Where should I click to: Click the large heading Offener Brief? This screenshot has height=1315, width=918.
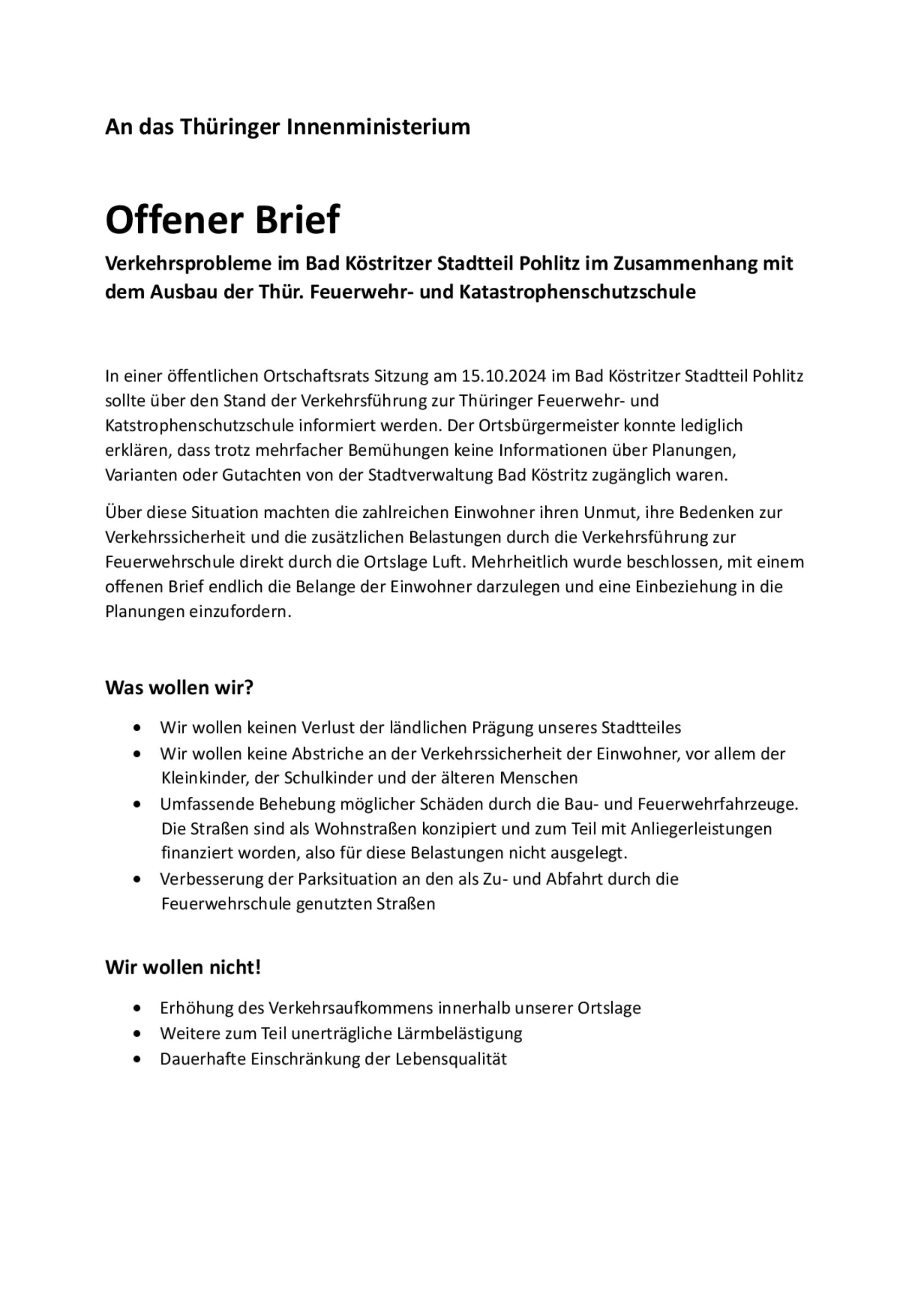pyautogui.click(x=222, y=220)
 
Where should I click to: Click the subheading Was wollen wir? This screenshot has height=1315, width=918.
pyautogui.click(x=179, y=687)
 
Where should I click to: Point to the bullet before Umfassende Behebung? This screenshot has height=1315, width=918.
pyautogui.click(x=136, y=804)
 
